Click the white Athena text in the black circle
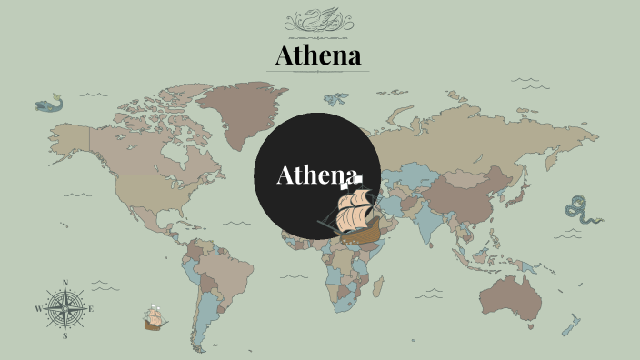pyautogui.click(x=316, y=175)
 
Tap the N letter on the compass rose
pyautogui.click(x=65, y=283)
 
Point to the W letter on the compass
pyautogui.click(x=38, y=309)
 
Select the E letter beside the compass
pyautogui.click(x=91, y=309)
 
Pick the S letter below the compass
pyautogui.click(x=65, y=335)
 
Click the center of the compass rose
pyautogui.click(x=65, y=309)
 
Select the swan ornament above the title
pyautogui.click(x=319, y=20)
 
